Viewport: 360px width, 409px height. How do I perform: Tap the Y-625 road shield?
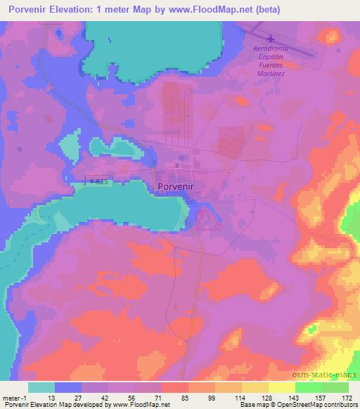100,182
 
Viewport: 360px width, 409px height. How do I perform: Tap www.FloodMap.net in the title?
228,10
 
